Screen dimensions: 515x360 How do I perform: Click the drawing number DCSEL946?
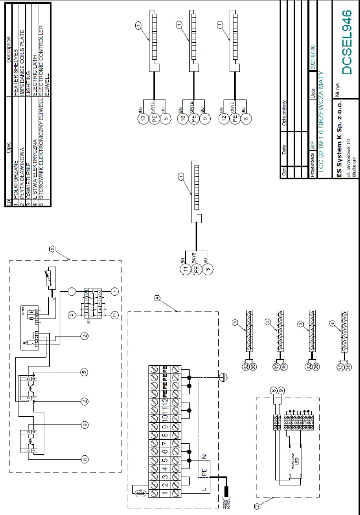tap(346, 43)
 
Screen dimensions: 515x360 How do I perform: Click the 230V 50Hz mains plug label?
tap(224, 500)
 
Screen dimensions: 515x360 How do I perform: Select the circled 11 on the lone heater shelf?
tap(185, 269)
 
